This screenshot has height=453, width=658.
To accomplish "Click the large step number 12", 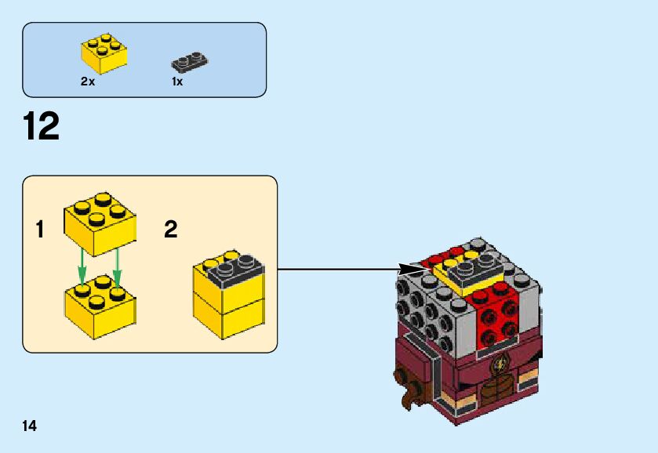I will (x=42, y=127).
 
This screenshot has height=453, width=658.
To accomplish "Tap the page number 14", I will (x=30, y=426).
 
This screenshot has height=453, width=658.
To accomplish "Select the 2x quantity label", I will (x=88, y=82).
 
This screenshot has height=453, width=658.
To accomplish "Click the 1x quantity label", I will (x=177, y=82).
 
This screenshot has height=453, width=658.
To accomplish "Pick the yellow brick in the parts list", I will (x=103, y=53).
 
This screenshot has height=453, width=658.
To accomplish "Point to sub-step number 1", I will (x=39, y=230).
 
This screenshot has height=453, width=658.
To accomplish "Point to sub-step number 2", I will (x=171, y=230).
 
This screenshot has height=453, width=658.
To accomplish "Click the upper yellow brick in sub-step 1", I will (x=100, y=223).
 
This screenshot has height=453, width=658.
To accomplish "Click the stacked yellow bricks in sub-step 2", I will (x=228, y=302).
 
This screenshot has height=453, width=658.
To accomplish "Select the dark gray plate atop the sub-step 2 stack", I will (x=235, y=270).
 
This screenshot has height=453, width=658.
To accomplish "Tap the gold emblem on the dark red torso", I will (x=500, y=364).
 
